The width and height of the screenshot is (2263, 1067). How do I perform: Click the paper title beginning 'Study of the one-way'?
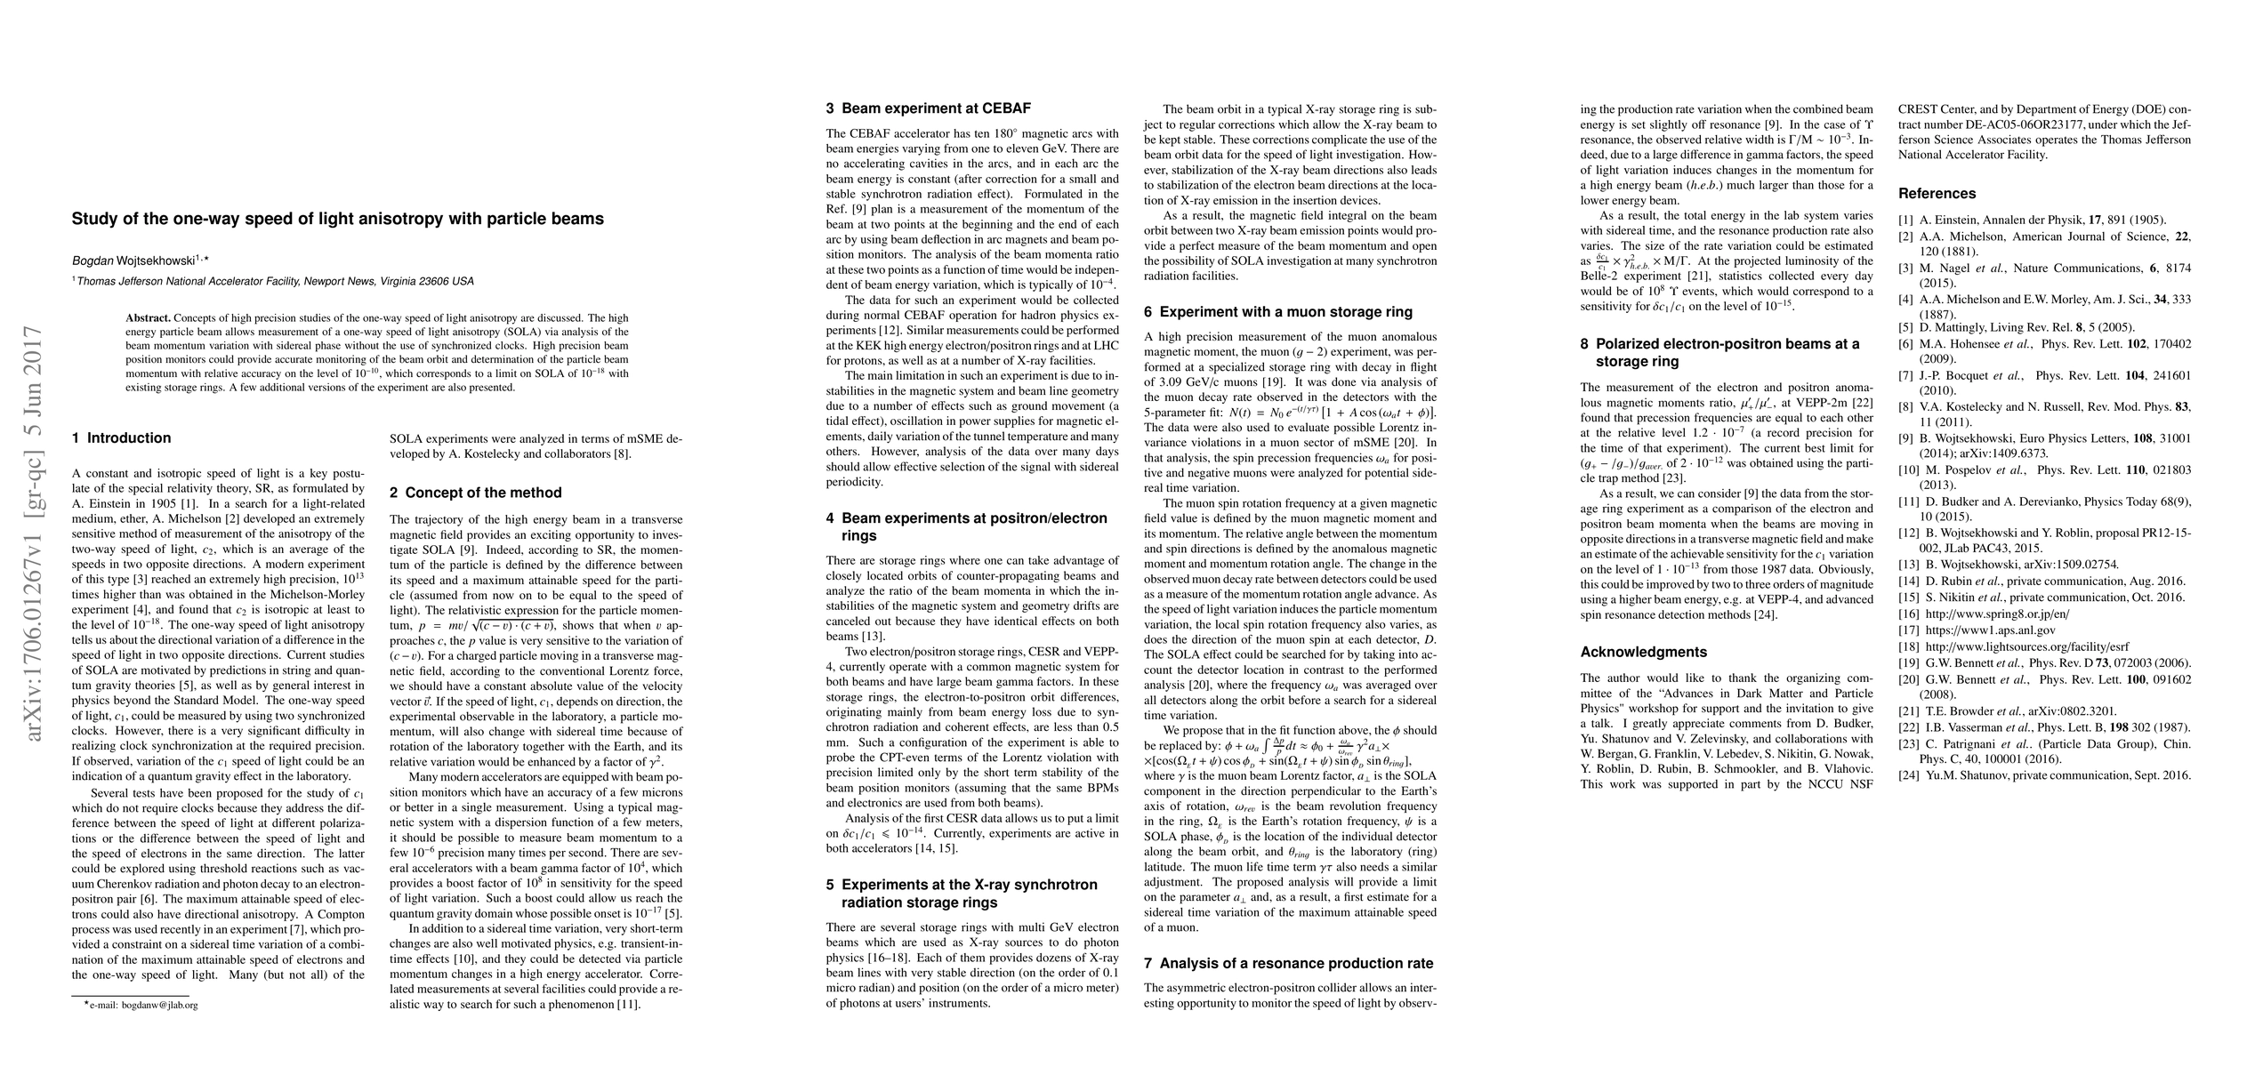click(x=337, y=219)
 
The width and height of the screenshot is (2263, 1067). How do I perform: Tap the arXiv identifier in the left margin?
click(x=34, y=533)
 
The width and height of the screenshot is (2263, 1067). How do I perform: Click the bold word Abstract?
click(x=148, y=317)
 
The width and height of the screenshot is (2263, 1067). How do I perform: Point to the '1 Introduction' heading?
click(x=121, y=437)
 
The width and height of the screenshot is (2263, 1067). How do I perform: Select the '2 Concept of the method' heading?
click(x=476, y=493)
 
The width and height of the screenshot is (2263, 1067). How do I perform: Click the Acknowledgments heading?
click(x=1643, y=652)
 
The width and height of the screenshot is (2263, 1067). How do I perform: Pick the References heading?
click(x=1937, y=194)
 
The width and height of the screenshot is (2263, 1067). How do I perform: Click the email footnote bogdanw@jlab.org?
click(x=140, y=1005)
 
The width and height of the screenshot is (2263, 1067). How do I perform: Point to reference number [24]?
click(x=1910, y=775)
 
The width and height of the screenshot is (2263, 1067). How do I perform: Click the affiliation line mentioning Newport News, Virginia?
click(x=274, y=281)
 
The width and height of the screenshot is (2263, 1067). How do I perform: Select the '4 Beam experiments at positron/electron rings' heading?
click(x=967, y=526)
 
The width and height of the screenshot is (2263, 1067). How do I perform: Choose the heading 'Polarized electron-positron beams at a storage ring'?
click(x=1719, y=352)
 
